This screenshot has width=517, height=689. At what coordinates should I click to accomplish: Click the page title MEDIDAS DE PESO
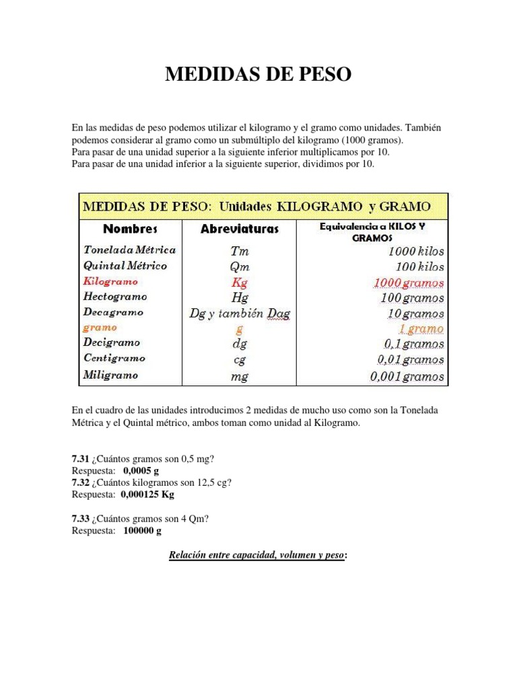tap(258, 75)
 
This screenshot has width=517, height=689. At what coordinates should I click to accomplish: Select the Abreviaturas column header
tap(239, 229)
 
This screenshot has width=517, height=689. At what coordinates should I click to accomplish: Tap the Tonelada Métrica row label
tap(130, 250)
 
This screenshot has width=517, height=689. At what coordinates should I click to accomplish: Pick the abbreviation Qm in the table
tap(240, 266)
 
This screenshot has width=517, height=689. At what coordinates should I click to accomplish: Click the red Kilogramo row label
tap(111, 281)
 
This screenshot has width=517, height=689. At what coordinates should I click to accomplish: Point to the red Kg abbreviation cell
tap(240, 282)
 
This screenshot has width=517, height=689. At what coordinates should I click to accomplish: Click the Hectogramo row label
tap(115, 297)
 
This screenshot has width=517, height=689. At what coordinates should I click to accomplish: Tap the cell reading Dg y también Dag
tap(240, 314)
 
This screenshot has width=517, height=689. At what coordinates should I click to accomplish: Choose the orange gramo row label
tap(100, 328)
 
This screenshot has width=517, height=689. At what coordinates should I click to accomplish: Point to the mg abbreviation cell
tap(240, 376)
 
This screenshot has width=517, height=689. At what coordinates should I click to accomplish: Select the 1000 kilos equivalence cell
tap(416, 251)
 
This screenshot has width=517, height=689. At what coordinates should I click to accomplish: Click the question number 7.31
tap(81, 460)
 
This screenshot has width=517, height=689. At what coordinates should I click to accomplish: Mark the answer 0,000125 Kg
tap(147, 495)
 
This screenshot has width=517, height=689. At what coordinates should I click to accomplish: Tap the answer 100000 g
tap(143, 531)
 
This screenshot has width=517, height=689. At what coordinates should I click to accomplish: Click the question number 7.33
tap(81, 519)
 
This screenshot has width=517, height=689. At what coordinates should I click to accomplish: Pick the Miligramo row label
tap(111, 375)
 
